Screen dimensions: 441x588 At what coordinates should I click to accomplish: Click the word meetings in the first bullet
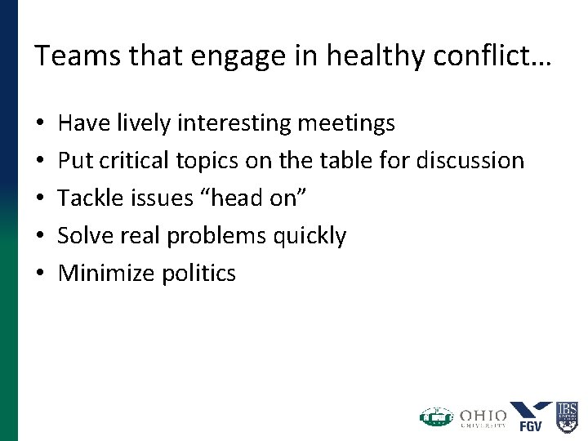346,123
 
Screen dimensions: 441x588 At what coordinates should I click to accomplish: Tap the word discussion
470,161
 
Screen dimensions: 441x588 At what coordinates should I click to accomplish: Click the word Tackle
91,198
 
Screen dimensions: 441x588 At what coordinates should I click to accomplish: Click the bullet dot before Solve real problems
40,237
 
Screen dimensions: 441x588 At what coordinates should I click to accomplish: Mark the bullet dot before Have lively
40,124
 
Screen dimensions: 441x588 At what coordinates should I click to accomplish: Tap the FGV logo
531,416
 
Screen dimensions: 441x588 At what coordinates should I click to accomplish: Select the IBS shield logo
567,416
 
